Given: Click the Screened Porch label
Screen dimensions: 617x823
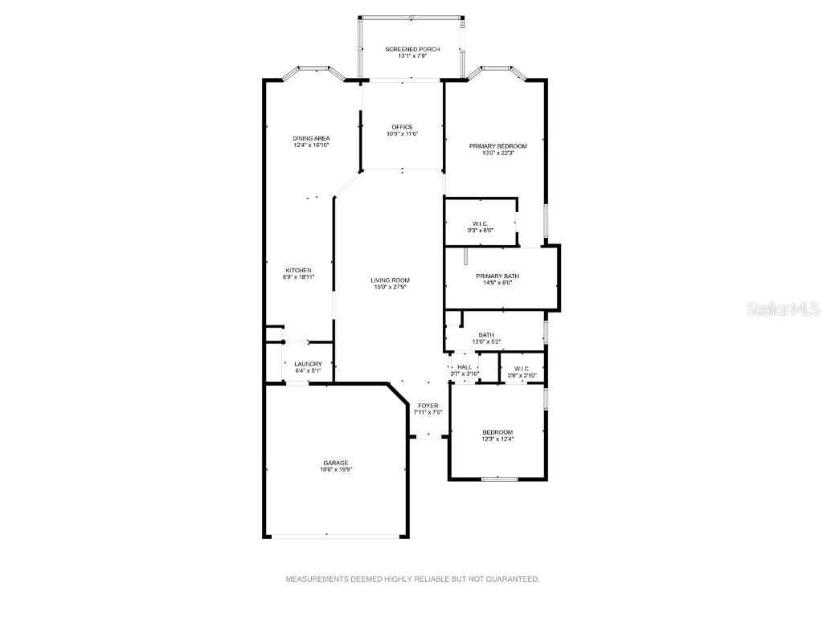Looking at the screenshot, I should click(412, 49).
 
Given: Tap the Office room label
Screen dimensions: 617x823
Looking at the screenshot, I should click(402, 127).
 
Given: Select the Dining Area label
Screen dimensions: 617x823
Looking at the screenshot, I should click(311, 138).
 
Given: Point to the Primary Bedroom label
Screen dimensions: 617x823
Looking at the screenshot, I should click(497, 145).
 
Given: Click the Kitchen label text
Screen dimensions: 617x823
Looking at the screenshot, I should click(298, 270).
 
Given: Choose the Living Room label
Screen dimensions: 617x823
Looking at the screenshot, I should click(389, 280).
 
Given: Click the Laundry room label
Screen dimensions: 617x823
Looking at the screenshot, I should click(308, 364).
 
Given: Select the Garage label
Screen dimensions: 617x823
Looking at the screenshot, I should click(336, 463).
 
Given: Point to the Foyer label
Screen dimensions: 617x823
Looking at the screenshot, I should click(428, 406).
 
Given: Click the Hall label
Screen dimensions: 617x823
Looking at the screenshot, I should click(464, 367).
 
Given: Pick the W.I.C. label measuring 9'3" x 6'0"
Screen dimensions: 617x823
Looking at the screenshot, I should click(481, 223).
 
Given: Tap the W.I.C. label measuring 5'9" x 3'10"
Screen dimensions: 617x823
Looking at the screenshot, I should click(522, 368).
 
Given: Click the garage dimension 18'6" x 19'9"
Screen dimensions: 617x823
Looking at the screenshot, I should click(336, 469).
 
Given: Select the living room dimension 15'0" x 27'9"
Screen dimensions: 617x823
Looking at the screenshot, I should click(389, 287).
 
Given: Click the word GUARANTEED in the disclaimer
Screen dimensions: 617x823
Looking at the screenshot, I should click(514, 578).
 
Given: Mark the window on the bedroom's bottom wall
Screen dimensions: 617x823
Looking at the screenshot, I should click(498, 479).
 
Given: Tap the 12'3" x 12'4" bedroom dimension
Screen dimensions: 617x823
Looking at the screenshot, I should click(497, 439).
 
